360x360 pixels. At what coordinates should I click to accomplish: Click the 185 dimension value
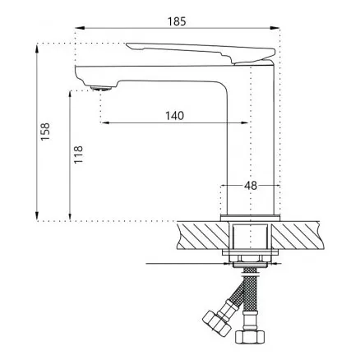(x=177, y=21)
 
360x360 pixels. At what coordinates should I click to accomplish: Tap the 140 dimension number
(x=174, y=116)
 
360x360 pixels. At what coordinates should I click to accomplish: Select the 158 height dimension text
(x=45, y=132)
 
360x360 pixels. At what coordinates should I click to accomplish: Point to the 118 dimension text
(x=78, y=155)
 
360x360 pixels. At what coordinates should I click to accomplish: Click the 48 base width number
(x=251, y=186)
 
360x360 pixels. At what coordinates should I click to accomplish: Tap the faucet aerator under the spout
(x=101, y=88)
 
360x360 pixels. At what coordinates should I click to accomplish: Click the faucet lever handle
(x=201, y=53)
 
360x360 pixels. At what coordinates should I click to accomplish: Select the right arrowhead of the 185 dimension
(x=275, y=28)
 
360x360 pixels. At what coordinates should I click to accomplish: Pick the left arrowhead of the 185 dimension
(x=80, y=28)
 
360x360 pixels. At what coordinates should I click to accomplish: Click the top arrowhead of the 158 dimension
(x=37, y=48)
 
